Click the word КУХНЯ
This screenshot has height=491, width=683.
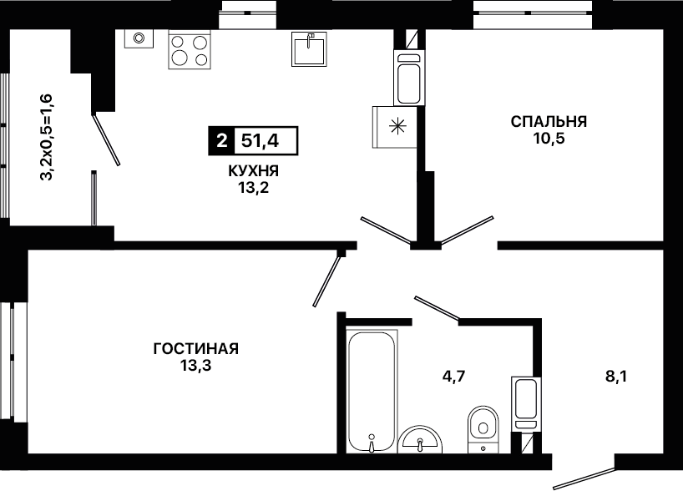tap(254, 171)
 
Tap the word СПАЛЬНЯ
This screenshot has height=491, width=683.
tap(549, 121)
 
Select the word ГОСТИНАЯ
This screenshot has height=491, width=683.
tap(196, 348)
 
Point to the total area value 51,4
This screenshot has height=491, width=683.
tap(260, 141)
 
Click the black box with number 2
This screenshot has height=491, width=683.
tap(222, 141)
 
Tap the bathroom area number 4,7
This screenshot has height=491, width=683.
tap(454, 376)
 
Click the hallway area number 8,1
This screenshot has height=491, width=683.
tap(616, 376)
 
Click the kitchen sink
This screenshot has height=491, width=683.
tap(309, 48)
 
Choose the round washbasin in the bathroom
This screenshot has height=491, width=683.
tap(420, 439)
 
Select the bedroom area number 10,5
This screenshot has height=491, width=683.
tap(549, 138)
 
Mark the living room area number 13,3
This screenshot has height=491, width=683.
tap(196, 366)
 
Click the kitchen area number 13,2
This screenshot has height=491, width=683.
tap(254, 188)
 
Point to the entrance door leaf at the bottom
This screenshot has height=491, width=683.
tap(584, 478)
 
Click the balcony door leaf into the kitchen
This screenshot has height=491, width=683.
tap(106, 139)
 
